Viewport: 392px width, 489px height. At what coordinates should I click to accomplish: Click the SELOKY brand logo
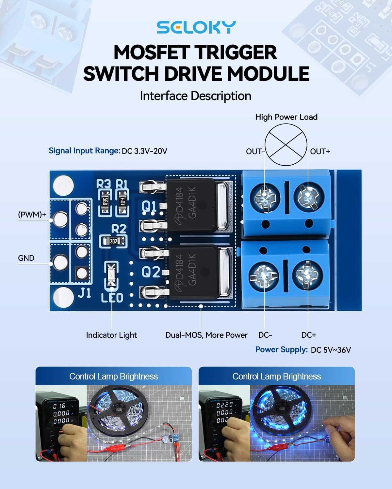click(x=196, y=27)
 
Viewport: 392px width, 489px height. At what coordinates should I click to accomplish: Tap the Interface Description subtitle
click(x=195, y=96)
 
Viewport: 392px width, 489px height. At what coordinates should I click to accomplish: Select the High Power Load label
click(x=286, y=117)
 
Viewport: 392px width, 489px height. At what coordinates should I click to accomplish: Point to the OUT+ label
click(x=320, y=151)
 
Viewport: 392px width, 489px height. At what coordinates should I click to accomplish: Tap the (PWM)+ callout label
click(x=32, y=215)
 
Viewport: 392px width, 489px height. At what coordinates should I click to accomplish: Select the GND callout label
click(x=26, y=258)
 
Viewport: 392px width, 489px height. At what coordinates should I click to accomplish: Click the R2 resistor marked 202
click(x=113, y=241)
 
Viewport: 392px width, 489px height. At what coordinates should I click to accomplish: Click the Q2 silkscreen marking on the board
click(x=151, y=272)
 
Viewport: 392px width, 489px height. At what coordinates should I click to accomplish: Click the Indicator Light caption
click(x=111, y=335)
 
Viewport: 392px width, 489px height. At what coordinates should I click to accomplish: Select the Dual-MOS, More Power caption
click(x=206, y=335)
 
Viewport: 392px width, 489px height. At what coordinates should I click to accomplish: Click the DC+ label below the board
click(x=308, y=335)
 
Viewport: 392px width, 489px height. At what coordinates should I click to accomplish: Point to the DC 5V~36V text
click(x=331, y=350)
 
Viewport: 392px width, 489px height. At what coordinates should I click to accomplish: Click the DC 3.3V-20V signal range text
click(x=144, y=151)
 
